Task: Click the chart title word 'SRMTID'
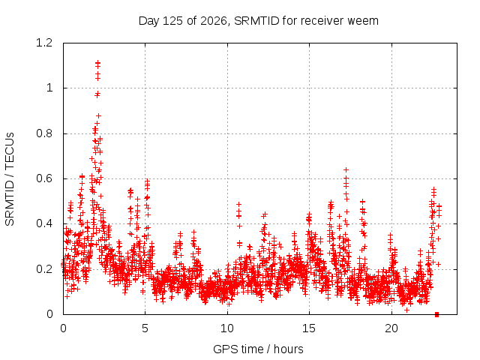pos(256,21)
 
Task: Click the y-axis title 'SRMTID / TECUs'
pos(10,179)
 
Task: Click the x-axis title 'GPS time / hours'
pos(258,349)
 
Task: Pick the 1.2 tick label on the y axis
pos(44,43)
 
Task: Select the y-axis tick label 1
pos(49,88)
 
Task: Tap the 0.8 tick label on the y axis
pos(44,133)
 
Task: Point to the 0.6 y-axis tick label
pos(44,178)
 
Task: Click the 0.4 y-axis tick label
pos(44,223)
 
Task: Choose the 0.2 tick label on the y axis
pos(44,269)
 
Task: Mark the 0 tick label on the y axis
pos(49,314)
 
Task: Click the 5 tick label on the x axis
pos(145,328)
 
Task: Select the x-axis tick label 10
pos(227,328)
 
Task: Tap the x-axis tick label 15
pos(309,328)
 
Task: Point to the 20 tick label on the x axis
pos(391,328)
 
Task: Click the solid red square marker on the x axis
pos(436,314)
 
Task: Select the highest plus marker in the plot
pos(98,63)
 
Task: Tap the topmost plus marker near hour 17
pos(346,169)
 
